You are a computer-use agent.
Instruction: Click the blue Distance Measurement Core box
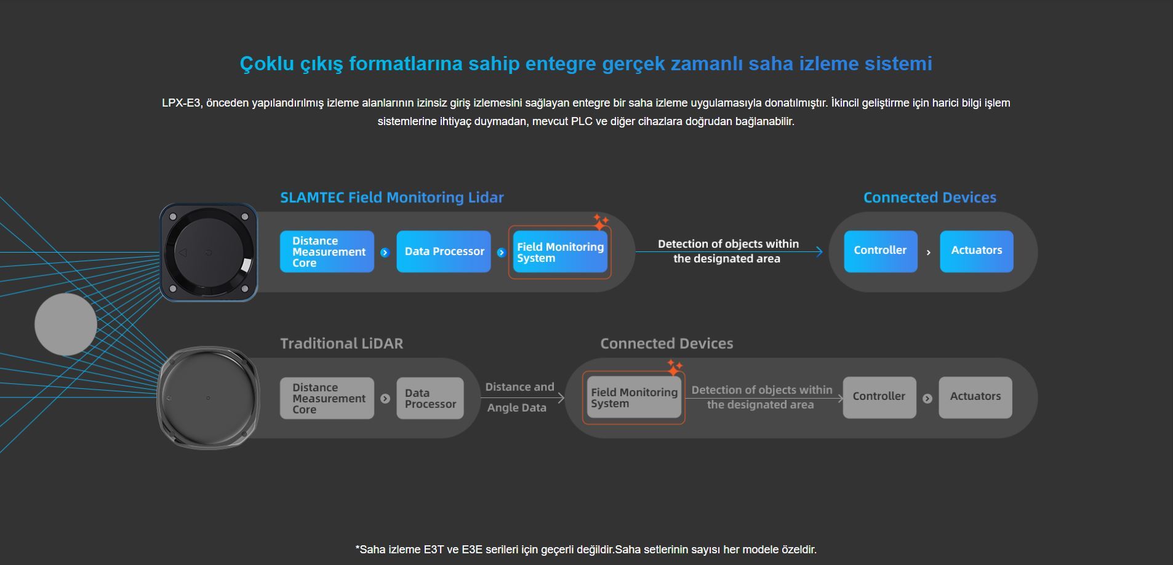click(327, 251)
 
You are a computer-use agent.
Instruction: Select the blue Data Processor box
click(444, 251)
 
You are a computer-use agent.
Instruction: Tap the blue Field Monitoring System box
click(560, 252)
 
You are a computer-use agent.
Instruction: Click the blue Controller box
click(880, 251)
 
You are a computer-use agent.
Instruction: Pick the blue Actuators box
click(976, 251)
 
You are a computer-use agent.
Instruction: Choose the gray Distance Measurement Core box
click(327, 398)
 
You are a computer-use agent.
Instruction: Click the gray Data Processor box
click(430, 398)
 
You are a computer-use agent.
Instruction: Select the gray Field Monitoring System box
click(633, 397)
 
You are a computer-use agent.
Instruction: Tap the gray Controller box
click(879, 397)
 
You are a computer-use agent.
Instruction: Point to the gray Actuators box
click(975, 397)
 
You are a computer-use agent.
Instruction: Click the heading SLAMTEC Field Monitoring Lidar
click(391, 198)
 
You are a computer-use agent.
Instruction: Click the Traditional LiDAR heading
click(342, 344)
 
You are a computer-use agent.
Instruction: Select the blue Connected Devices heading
click(929, 198)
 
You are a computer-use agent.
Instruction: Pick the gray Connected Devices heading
click(667, 344)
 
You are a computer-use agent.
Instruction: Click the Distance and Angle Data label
click(519, 397)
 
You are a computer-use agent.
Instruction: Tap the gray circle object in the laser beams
click(66, 324)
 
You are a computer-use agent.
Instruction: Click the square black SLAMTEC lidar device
click(208, 252)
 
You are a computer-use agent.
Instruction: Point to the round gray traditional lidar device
click(208, 398)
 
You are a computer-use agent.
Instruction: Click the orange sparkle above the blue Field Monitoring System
click(600, 221)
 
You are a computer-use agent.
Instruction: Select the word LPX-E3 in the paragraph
click(181, 103)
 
